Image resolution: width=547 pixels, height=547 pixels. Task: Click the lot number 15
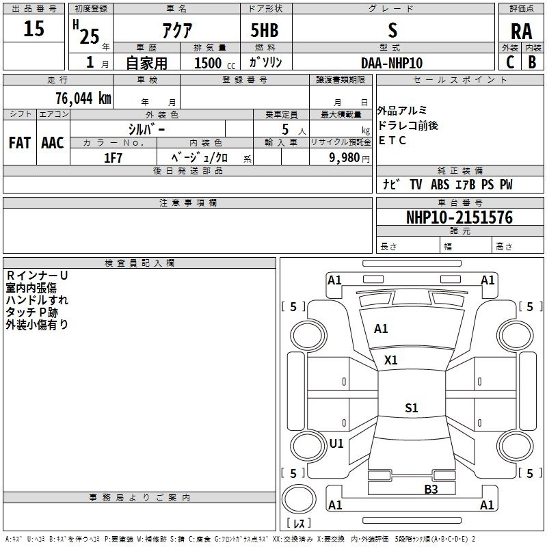coord(35,29)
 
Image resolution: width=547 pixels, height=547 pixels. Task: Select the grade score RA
coord(521,31)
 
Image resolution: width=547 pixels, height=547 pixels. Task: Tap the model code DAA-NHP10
coord(392,63)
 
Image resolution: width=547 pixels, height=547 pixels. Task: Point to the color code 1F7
coord(113,158)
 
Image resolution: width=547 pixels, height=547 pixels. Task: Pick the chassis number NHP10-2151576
coord(459,217)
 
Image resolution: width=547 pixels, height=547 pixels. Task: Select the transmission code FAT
coord(20,143)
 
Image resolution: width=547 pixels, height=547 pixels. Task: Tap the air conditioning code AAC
coord(53,143)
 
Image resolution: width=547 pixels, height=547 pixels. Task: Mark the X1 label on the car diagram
coord(391,360)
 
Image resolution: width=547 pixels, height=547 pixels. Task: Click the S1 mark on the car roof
coord(411,408)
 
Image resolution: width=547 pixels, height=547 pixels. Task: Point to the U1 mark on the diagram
coord(336,443)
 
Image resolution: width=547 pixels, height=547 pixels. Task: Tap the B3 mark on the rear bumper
coord(431,489)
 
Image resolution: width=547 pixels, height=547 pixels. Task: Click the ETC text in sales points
coord(392,141)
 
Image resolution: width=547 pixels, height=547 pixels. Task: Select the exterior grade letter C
coord(509,62)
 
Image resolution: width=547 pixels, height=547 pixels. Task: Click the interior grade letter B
coord(532,62)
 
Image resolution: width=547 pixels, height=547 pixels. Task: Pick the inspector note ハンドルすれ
coord(37,299)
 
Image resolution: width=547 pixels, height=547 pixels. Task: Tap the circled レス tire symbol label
coord(299,523)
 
